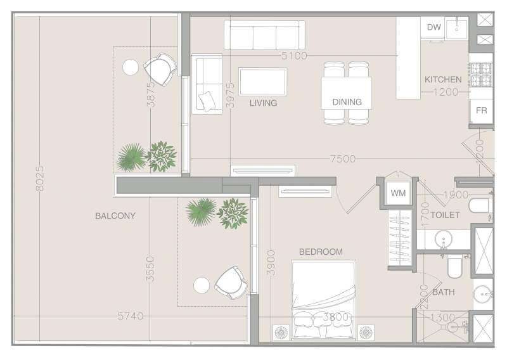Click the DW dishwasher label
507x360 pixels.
433,27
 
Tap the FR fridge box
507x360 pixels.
482,110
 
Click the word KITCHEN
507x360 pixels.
443,80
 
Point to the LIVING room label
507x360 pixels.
263,103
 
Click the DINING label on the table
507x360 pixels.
347,101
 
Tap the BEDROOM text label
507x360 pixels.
321,252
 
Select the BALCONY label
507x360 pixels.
115,215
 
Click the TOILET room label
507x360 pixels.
445,215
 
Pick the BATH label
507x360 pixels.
444,292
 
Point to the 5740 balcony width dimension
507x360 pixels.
130,316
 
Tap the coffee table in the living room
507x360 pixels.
262,81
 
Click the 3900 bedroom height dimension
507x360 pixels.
271,260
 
